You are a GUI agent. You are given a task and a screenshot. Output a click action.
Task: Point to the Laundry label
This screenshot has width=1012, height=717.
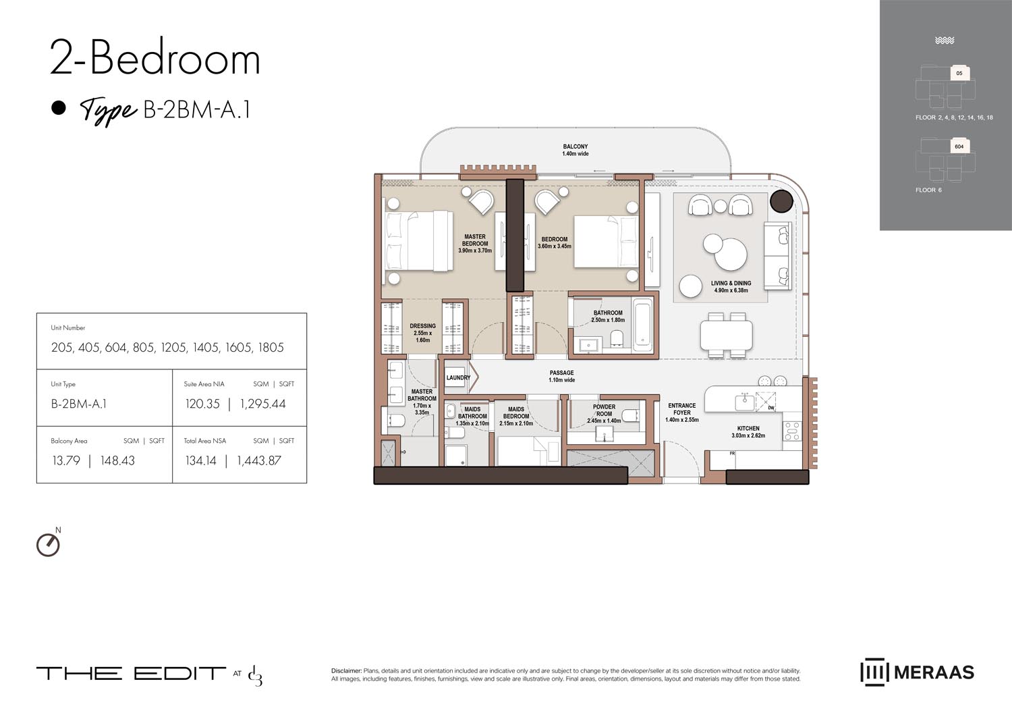click(458, 378)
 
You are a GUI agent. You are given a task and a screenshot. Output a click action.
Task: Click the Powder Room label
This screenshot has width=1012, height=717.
click(604, 410)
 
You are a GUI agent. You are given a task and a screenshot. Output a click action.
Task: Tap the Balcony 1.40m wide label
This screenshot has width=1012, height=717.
click(575, 150)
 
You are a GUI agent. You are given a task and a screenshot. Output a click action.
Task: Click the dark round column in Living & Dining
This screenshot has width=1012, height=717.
click(781, 201)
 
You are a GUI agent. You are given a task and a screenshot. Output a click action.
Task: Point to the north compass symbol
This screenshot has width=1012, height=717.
click(48, 544)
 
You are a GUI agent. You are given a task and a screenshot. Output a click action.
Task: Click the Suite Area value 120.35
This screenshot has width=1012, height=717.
click(202, 404)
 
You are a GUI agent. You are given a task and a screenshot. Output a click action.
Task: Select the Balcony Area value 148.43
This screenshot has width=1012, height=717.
click(117, 461)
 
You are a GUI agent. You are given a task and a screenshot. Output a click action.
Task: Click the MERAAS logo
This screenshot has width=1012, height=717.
click(917, 672)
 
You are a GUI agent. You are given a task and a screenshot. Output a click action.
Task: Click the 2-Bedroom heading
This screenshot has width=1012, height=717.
click(155, 59)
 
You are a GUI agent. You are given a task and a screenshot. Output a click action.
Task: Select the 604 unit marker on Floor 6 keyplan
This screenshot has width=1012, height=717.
click(959, 147)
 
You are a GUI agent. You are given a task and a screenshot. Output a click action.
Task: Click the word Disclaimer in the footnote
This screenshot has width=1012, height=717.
click(346, 671)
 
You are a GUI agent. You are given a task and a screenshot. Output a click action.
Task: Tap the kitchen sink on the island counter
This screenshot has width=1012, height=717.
click(745, 402)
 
